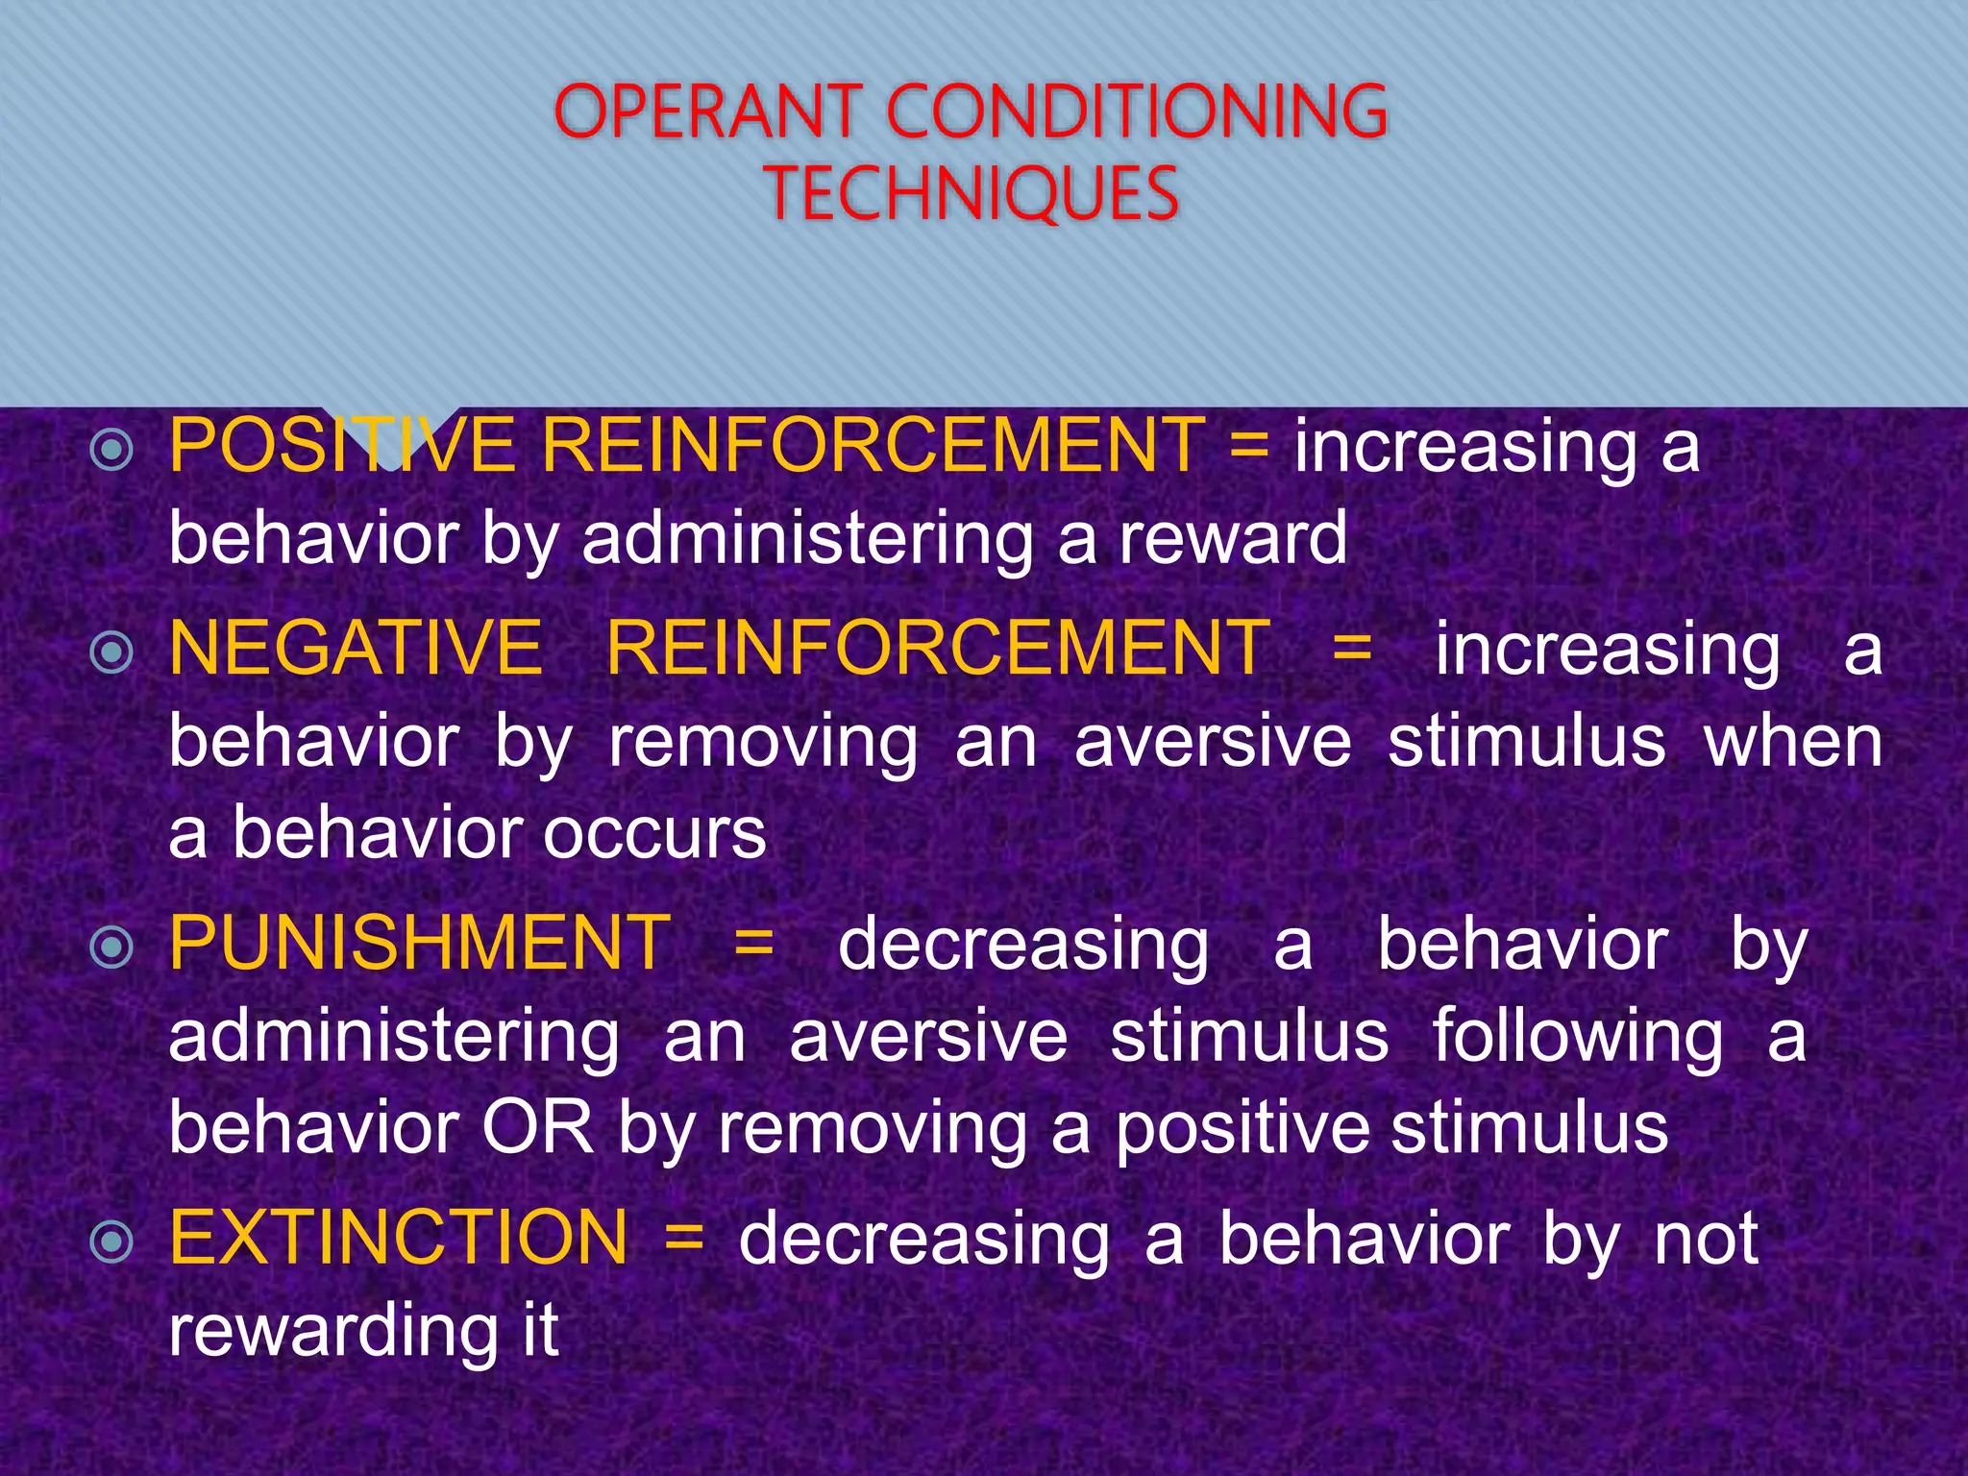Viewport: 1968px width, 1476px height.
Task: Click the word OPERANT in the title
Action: coord(708,112)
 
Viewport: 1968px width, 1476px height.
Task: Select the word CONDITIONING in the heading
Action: coord(1137,112)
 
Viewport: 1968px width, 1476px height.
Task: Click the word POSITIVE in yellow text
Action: coord(342,446)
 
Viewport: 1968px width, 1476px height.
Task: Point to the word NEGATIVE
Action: coord(356,649)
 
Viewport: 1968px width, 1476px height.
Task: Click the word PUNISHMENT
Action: coord(420,944)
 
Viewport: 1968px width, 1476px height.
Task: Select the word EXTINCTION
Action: coord(399,1238)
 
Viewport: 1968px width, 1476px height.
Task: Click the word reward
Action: coord(1234,539)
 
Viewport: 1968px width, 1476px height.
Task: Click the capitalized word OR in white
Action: coord(538,1128)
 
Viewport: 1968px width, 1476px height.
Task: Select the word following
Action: coord(1578,1038)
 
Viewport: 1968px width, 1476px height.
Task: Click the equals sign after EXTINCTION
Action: coord(684,1238)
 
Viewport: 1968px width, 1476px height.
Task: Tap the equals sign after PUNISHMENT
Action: coord(754,944)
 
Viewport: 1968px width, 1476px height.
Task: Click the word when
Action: coord(1793,743)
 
